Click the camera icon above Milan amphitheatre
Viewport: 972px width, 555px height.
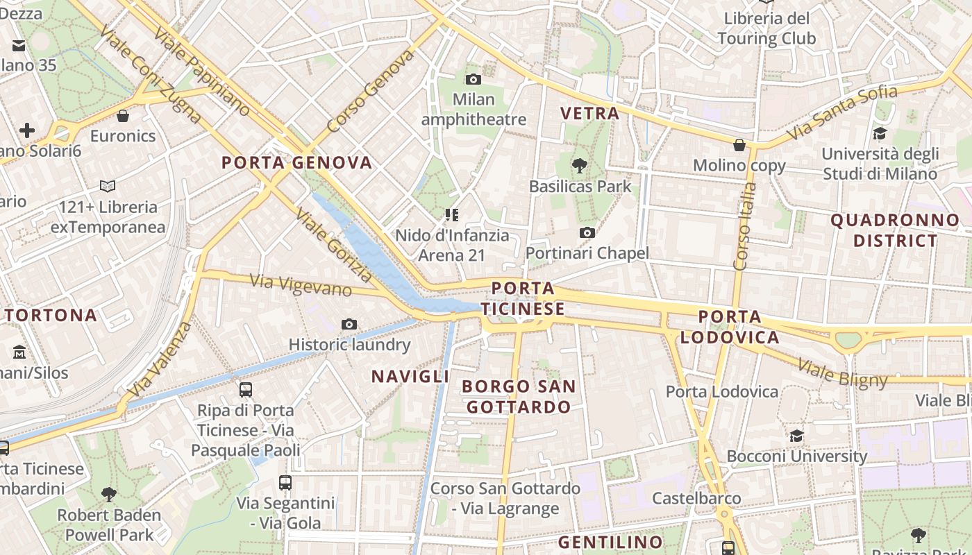(474, 79)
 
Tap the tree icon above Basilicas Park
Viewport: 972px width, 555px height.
(579, 166)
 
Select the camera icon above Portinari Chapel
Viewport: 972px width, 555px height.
(587, 232)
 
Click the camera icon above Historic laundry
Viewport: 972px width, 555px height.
(349, 324)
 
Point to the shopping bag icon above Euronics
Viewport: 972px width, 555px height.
(123, 115)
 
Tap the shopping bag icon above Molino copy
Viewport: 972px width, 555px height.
(739, 145)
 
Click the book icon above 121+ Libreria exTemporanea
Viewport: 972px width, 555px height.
(108, 186)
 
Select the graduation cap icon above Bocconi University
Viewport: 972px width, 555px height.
(796, 436)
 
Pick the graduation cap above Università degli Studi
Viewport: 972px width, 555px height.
(880, 133)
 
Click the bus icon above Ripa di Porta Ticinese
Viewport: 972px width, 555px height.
(245, 390)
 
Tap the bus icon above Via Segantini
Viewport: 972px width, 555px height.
(285, 482)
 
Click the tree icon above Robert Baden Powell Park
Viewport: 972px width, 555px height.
(108, 495)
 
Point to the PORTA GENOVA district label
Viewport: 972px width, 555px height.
(296, 163)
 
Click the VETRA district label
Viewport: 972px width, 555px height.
(589, 114)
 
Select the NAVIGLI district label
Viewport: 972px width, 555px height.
(410, 377)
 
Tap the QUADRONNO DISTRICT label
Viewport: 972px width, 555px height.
(895, 231)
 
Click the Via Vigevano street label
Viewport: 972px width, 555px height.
(300, 284)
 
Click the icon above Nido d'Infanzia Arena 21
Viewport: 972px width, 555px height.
(452, 215)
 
